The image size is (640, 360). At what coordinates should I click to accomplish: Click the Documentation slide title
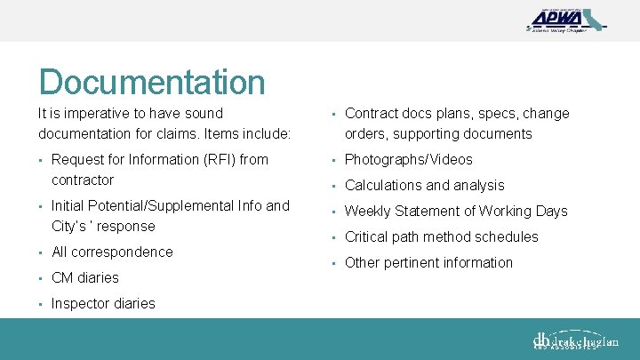152,82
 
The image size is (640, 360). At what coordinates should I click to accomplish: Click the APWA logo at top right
565,19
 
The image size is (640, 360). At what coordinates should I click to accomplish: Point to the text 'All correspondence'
112,252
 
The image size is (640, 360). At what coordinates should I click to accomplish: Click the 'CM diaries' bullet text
84,278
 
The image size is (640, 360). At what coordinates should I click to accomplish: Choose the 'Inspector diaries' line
103,304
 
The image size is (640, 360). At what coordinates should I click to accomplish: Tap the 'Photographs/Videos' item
408,160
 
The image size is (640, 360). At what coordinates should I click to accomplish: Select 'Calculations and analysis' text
424,186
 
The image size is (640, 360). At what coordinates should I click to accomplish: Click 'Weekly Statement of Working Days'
455,212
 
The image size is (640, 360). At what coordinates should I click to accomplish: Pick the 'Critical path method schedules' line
441,237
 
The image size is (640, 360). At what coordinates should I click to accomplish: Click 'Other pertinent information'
428,263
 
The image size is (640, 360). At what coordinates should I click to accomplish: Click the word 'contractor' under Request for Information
83,180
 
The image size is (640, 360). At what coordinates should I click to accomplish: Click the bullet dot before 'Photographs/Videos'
331,161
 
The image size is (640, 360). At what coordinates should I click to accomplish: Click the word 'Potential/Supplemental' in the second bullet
162,206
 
